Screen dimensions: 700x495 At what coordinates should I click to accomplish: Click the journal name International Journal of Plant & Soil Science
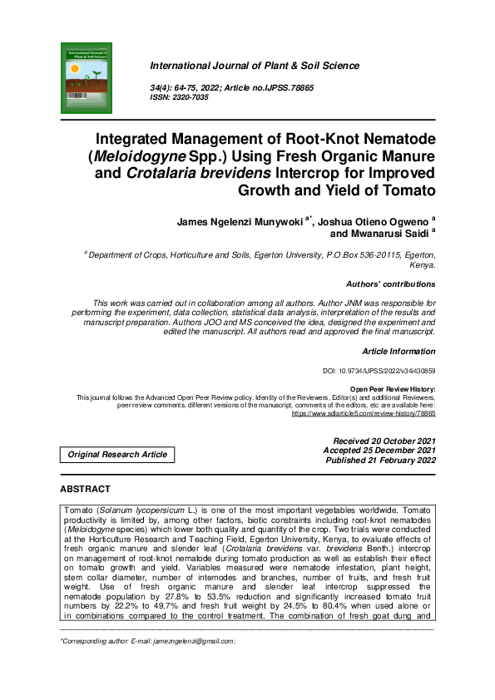(x=254, y=66)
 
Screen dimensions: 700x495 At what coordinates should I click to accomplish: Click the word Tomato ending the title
(x=406, y=190)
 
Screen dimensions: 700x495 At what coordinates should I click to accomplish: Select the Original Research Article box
(x=117, y=454)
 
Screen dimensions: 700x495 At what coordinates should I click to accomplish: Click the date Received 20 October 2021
(x=384, y=441)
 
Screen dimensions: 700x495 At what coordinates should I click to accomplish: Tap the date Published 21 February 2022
(x=380, y=460)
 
